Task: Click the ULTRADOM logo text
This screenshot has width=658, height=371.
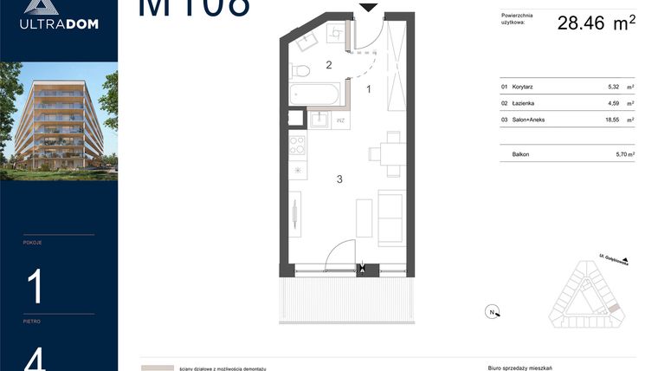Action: point(59,24)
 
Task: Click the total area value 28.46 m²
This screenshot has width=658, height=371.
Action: point(597,23)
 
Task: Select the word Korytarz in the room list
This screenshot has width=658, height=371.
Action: point(522,88)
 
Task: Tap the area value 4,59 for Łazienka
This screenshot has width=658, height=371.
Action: point(614,104)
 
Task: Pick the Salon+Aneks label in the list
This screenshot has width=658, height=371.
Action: point(528,120)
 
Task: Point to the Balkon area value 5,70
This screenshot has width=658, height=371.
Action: point(614,154)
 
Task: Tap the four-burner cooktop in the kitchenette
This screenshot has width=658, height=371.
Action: point(297,145)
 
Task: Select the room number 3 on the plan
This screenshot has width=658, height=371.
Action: point(340,179)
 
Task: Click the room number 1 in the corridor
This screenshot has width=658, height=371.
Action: point(369,88)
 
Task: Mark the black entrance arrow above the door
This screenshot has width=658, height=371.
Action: point(369,7)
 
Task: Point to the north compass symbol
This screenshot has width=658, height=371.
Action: point(491,312)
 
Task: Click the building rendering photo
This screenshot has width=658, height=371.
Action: point(59,120)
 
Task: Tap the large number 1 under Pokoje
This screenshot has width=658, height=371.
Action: point(35,286)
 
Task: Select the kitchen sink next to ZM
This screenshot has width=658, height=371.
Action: point(319,120)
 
